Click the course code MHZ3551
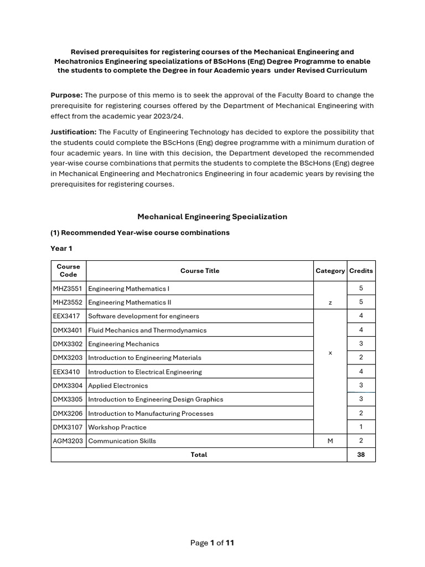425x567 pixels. (x=68, y=288)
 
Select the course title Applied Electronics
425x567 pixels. (x=118, y=385)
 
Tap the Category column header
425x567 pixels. (x=330, y=271)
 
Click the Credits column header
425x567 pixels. (x=361, y=271)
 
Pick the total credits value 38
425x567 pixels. (x=361, y=455)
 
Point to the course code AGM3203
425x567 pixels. (x=68, y=441)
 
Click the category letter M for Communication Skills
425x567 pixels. (x=330, y=441)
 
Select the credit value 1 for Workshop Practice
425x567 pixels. (x=361, y=427)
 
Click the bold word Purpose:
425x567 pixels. (x=66, y=95)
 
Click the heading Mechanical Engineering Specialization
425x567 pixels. (x=212, y=217)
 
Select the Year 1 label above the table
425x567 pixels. (x=61, y=249)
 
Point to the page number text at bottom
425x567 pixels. (x=212, y=543)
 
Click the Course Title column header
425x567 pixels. (x=200, y=271)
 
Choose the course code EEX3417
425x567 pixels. (x=68, y=316)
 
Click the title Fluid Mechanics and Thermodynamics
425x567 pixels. (x=147, y=330)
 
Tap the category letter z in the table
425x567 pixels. (x=330, y=302)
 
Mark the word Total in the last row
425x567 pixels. (x=199, y=455)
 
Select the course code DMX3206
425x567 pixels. (x=68, y=413)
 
